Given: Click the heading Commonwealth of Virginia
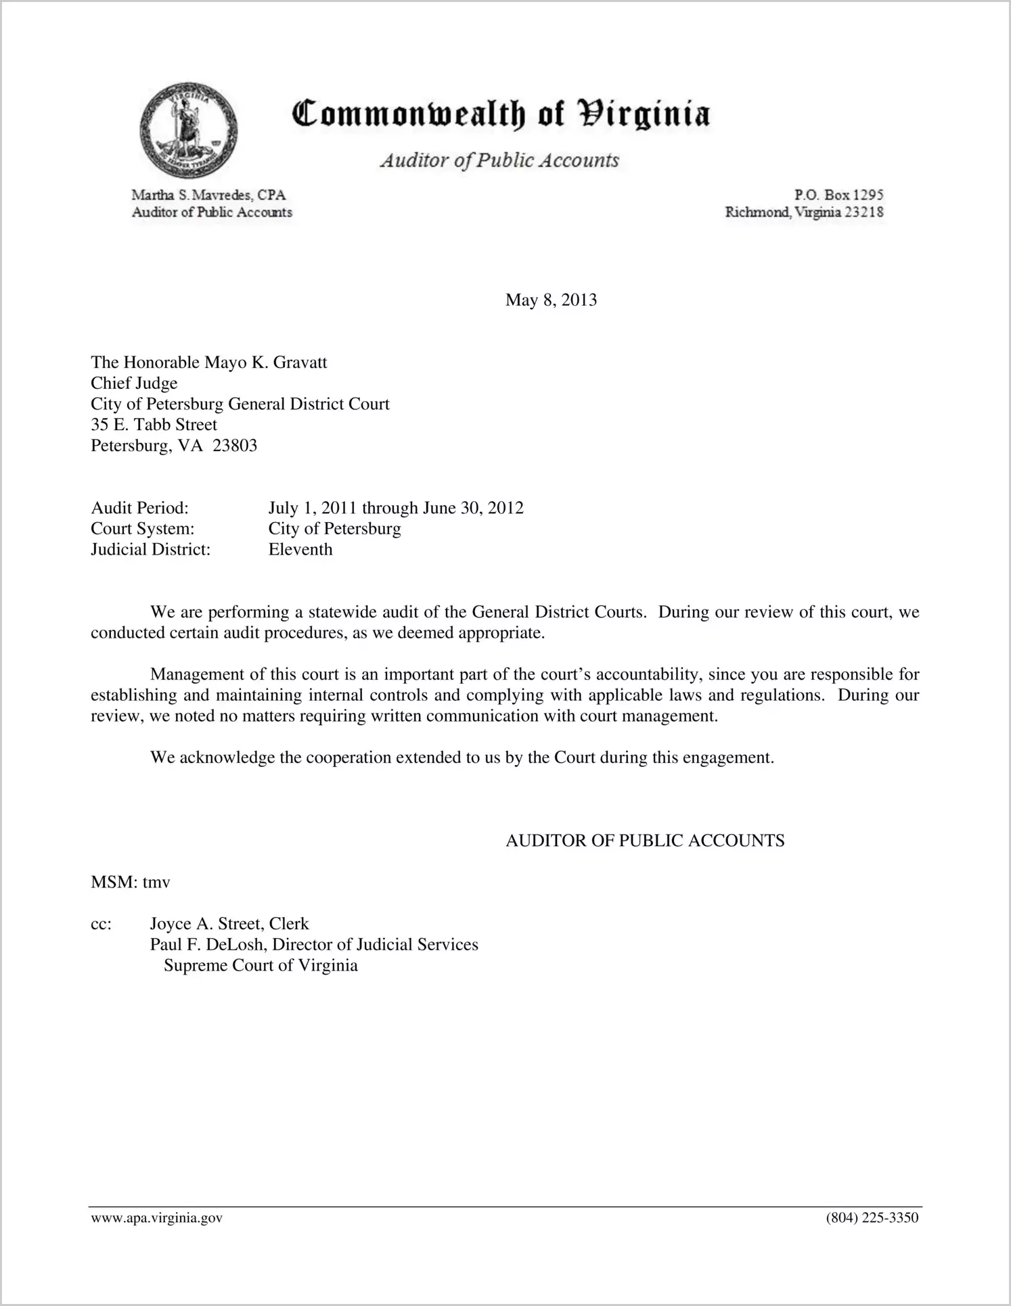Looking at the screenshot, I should tap(501, 114).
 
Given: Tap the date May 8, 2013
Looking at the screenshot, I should tap(551, 300).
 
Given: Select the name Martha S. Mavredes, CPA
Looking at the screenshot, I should tap(208, 195).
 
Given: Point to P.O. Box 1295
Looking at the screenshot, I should tap(839, 195).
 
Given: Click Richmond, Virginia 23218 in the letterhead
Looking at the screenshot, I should tap(805, 212).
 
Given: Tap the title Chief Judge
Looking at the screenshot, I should tap(134, 383).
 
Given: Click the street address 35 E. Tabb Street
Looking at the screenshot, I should tap(154, 425).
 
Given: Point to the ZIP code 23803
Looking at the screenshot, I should tap(235, 446).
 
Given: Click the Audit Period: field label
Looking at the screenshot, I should tap(139, 508).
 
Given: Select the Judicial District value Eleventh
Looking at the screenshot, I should tap(300, 550).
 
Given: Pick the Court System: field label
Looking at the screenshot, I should tap(143, 529).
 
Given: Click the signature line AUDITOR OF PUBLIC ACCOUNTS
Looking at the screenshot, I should tap(645, 841).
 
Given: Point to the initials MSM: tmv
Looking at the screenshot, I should tap(131, 883).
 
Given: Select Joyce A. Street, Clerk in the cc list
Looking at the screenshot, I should tap(229, 925).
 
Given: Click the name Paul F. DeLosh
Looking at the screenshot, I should tap(207, 945).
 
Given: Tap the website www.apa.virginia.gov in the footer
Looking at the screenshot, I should tap(156, 1219).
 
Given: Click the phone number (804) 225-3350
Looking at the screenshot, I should tap(872, 1219).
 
